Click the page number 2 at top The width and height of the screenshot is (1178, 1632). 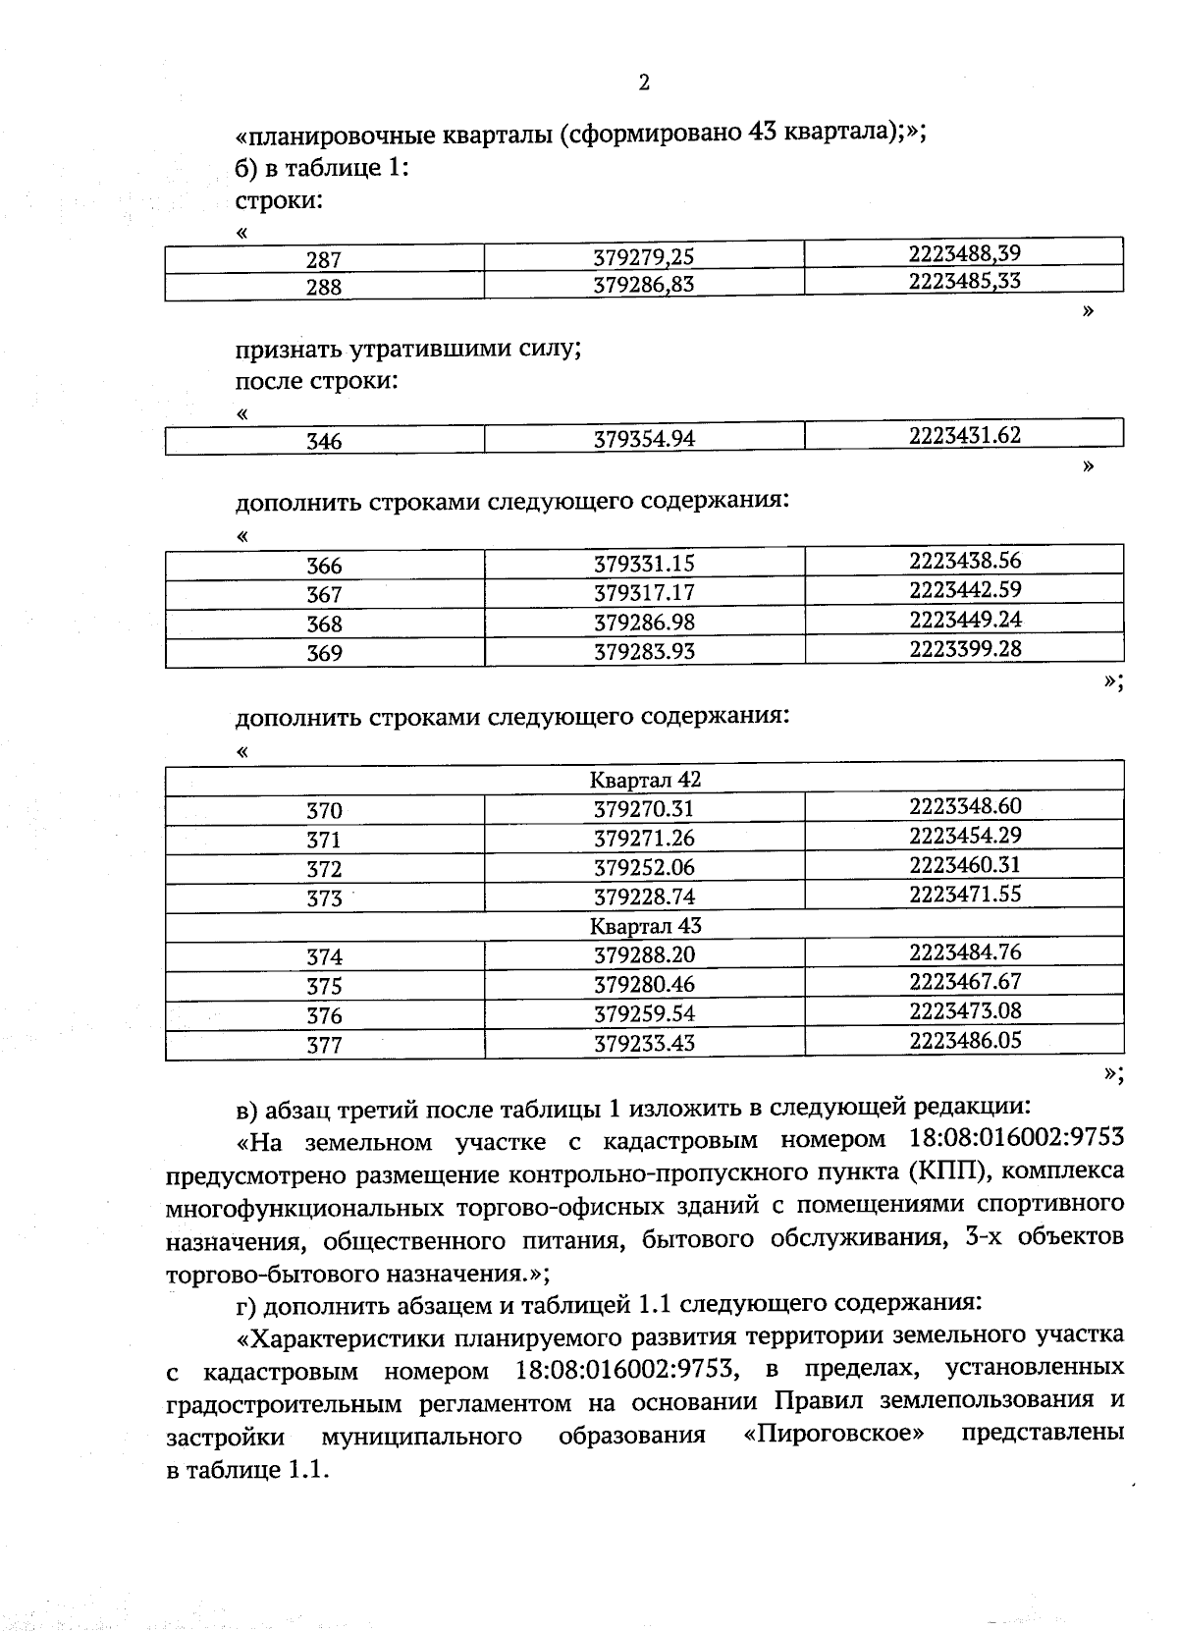[x=644, y=82]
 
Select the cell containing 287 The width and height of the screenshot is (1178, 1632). [x=324, y=260]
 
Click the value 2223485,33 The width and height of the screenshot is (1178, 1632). [x=964, y=281]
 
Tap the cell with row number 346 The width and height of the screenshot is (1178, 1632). [x=324, y=442]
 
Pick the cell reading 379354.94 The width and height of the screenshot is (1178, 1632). [x=644, y=439]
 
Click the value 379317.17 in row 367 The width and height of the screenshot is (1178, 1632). [x=644, y=593]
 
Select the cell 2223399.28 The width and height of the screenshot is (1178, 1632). [x=964, y=649]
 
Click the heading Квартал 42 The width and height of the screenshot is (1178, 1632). [x=645, y=780]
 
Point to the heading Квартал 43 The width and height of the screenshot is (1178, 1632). [x=645, y=926]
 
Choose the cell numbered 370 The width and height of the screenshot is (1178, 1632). [x=324, y=811]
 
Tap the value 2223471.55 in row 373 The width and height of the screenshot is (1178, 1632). [x=964, y=894]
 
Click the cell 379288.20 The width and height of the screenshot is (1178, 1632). [x=644, y=954]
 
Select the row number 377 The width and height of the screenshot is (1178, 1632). [x=324, y=1046]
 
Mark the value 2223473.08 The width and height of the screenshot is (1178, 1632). [x=964, y=1010]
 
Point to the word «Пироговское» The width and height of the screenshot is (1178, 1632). [x=833, y=1434]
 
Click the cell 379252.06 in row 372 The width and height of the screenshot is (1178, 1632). [x=644, y=867]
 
